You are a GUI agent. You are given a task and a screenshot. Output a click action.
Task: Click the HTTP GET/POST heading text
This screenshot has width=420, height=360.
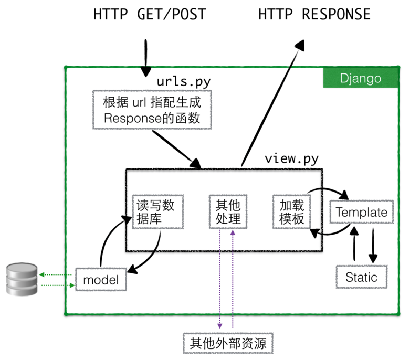pos(149,14)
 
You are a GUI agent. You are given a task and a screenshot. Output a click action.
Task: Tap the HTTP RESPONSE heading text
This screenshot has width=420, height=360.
pos(314,14)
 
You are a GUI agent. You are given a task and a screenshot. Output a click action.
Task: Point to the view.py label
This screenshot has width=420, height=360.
pos(291,158)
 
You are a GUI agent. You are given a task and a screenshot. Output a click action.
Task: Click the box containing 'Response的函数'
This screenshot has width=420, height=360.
pos(152,110)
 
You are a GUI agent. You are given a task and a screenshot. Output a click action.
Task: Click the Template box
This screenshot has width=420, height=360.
pos(362,213)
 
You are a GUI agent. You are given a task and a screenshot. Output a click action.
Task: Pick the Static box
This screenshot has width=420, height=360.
pos(361,277)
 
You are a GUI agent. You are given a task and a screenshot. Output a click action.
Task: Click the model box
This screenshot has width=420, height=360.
pos(101,280)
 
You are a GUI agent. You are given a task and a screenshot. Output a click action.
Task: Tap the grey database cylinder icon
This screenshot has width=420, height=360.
pos(22,279)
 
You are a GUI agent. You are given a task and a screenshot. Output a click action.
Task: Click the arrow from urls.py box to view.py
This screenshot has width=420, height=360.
pos(176,148)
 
